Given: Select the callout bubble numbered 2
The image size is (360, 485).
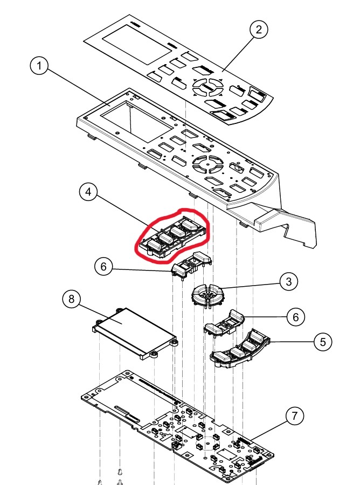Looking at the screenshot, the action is point(259,30).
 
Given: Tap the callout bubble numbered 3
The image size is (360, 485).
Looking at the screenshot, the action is point(289,281).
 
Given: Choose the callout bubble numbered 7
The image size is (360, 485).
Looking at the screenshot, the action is point(294,416).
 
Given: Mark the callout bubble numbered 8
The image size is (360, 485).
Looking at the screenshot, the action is point(72,299).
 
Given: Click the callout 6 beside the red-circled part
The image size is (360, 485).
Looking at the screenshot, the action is point(104,266).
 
